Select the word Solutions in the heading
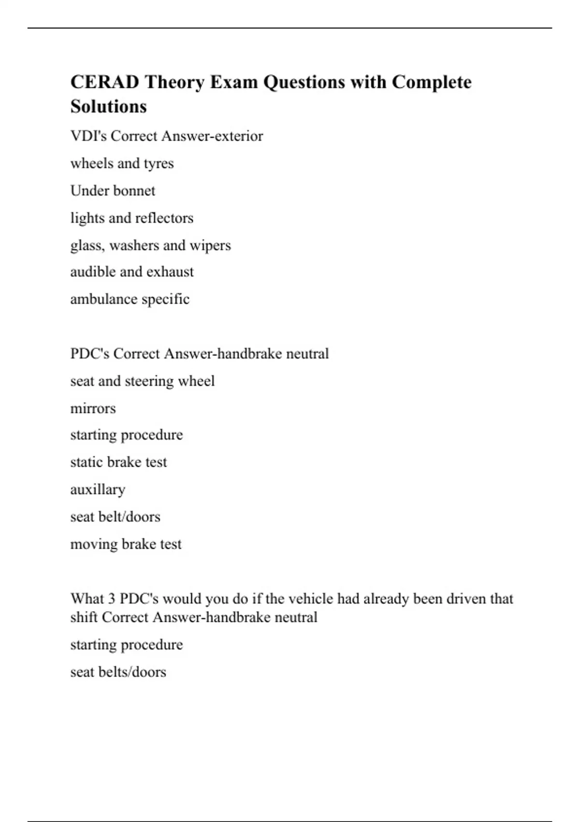(108, 106)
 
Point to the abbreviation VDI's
(88, 136)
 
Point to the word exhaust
(170, 272)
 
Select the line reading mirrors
(93, 409)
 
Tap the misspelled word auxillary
(98, 489)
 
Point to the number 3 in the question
(111, 599)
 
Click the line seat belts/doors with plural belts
(118, 672)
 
